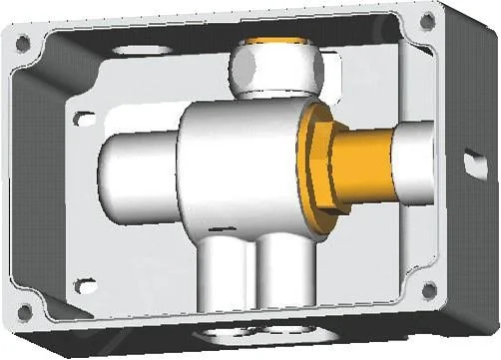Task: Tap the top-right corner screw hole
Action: [427, 20]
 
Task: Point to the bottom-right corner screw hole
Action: [429, 290]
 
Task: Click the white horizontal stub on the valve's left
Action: [135, 170]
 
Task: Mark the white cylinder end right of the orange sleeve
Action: [413, 160]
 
